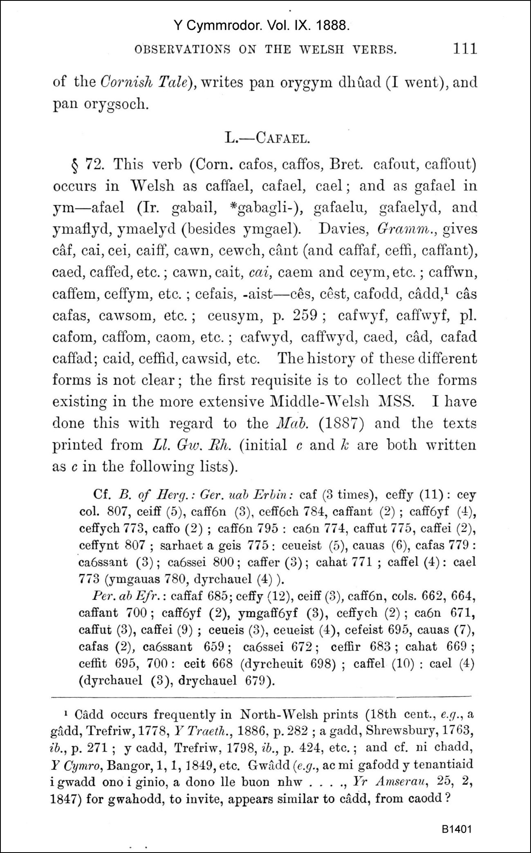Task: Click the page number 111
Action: click(465, 49)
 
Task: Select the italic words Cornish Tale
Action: click(144, 82)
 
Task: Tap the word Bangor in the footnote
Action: click(124, 764)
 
